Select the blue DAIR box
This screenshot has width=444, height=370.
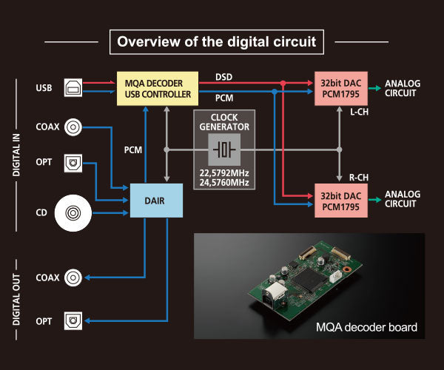click(x=156, y=200)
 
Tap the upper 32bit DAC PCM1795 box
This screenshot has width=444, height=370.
click(x=340, y=88)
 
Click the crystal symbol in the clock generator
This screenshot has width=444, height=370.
click(x=224, y=150)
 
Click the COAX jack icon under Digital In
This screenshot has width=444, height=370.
click(x=73, y=127)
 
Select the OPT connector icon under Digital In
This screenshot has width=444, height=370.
click(x=73, y=161)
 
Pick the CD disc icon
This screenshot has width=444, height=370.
click(x=73, y=214)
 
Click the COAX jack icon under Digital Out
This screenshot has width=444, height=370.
click(x=73, y=277)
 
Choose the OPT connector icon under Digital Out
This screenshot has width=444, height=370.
click(x=73, y=320)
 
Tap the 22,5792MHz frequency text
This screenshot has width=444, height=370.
click(x=224, y=172)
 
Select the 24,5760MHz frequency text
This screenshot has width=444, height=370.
click(x=224, y=182)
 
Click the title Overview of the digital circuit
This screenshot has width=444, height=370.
click(x=217, y=41)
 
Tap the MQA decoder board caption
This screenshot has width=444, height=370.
click(x=367, y=326)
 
